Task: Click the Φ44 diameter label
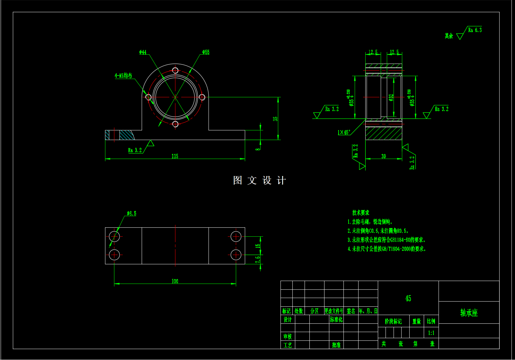point(143,52)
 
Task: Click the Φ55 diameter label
point(206,52)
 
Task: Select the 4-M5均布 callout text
point(123,76)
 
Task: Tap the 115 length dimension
point(175,156)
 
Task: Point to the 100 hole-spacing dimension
point(175,281)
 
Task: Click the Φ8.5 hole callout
point(131,214)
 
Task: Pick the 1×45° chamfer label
point(343,132)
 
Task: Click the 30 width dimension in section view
point(384,156)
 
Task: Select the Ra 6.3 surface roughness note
point(475,30)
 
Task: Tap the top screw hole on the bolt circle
point(175,70)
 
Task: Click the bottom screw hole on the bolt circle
point(175,124)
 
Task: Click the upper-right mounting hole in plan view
point(236,237)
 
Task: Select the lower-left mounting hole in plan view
point(114,255)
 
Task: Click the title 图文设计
point(259,180)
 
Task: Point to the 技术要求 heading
point(360,213)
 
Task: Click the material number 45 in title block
point(408,298)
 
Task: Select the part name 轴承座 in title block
point(469,313)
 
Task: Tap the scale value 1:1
point(431,333)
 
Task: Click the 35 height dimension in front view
point(275,119)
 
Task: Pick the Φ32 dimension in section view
point(391,98)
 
